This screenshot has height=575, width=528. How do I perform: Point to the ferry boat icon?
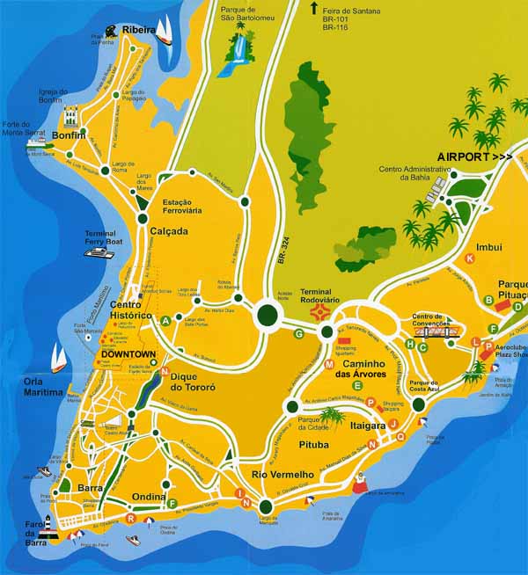tap(99, 252)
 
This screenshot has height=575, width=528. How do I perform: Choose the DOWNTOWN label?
tap(128, 354)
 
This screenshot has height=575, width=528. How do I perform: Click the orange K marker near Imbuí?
tap(470, 258)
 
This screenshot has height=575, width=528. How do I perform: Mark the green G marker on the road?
tap(299, 333)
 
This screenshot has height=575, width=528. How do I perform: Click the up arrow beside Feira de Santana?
tap(313, 8)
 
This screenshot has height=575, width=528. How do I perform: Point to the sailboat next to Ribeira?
tap(164, 33)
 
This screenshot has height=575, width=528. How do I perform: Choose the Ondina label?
tap(149, 497)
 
